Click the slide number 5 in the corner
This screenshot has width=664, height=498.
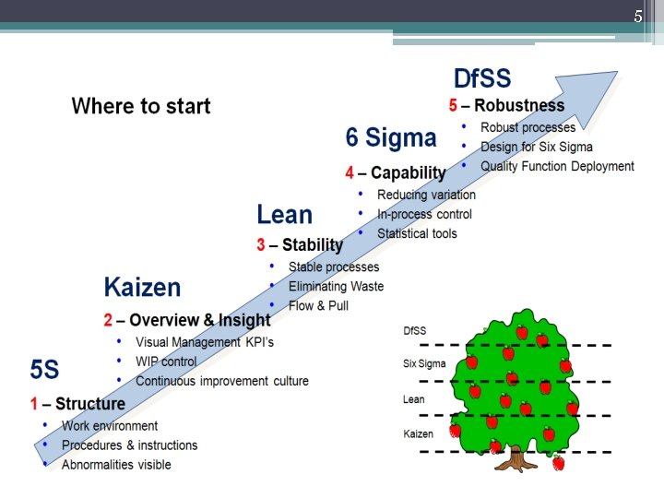pyautogui.click(x=637, y=17)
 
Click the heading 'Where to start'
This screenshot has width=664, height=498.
pyautogui.click(x=141, y=106)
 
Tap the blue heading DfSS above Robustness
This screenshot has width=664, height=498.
pyautogui.click(x=481, y=78)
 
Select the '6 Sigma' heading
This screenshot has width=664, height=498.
pyautogui.click(x=391, y=138)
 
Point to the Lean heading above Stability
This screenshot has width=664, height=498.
pyautogui.click(x=284, y=215)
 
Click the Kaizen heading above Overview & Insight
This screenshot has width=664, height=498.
pyautogui.click(x=142, y=287)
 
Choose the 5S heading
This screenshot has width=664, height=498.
pyautogui.click(x=44, y=370)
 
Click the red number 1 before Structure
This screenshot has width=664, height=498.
pyautogui.click(x=33, y=404)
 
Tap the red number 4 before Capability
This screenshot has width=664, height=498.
pyautogui.click(x=350, y=172)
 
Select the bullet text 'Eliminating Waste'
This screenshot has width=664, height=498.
pyautogui.click(x=336, y=287)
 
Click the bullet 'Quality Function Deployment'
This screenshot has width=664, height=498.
pyautogui.click(x=557, y=167)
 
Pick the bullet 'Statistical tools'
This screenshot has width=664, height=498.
pyautogui.click(x=417, y=233)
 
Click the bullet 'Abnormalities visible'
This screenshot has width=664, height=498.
pyautogui.click(x=116, y=465)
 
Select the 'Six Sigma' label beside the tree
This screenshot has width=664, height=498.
pyautogui.click(x=424, y=363)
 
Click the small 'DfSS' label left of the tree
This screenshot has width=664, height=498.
pyautogui.click(x=415, y=330)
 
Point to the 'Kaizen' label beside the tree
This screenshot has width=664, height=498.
pyautogui.click(x=419, y=433)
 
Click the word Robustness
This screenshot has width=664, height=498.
pyautogui.click(x=519, y=105)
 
